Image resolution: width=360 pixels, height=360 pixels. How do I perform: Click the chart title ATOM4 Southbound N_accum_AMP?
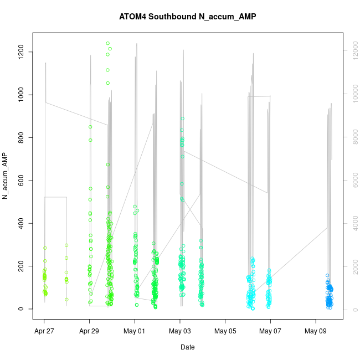click(x=187, y=17)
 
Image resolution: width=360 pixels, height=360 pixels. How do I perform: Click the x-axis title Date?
click(x=187, y=347)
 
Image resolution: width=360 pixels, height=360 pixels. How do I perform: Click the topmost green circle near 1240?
click(x=108, y=43)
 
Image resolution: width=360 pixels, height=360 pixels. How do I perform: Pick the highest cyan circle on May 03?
click(x=183, y=119)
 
